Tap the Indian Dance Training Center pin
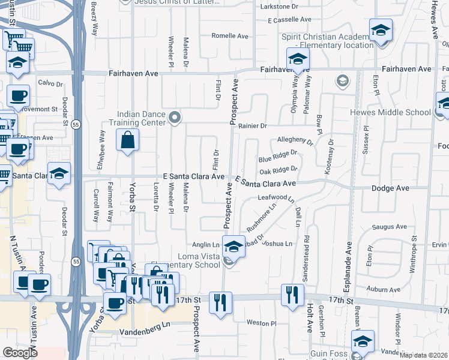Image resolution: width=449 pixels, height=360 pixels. click(x=175, y=117)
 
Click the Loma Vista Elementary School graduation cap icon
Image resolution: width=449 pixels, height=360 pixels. click(x=234, y=245)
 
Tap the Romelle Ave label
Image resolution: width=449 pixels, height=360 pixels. click(x=231, y=36)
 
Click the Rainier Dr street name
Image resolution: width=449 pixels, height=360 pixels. click(x=252, y=126)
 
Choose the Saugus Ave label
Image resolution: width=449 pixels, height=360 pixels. click(x=389, y=227)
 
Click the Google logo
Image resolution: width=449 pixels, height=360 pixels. click(x=20, y=353)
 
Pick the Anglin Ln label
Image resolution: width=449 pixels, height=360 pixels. click(x=205, y=244)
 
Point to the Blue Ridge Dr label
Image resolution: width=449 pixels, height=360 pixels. click(x=277, y=159)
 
